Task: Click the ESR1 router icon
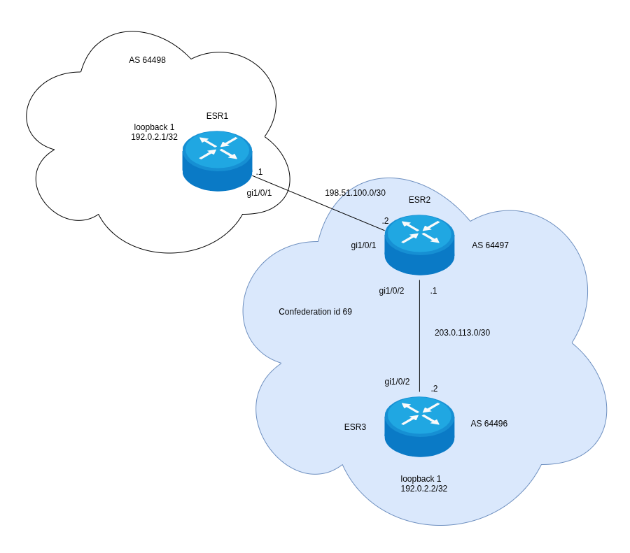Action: [217, 160]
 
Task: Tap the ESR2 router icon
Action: [419, 244]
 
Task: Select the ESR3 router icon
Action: [419, 426]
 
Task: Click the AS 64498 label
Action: [147, 60]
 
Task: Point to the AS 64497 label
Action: [490, 245]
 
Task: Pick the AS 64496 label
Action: [489, 424]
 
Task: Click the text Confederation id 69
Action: [315, 312]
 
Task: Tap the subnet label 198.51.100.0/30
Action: [355, 193]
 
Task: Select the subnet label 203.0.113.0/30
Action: [462, 333]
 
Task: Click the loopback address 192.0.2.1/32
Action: [154, 137]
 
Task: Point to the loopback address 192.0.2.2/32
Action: [423, 489]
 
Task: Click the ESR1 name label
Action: [217, 116]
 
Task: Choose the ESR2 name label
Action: [419, 200]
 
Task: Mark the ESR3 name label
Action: [355, 427]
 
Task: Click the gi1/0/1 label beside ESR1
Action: [259, 193]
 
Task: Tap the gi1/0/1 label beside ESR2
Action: [363, 245]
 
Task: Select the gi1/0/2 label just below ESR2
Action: [391, 291]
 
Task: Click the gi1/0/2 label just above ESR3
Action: [397, 382]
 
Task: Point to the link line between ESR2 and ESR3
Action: [419, 336]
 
